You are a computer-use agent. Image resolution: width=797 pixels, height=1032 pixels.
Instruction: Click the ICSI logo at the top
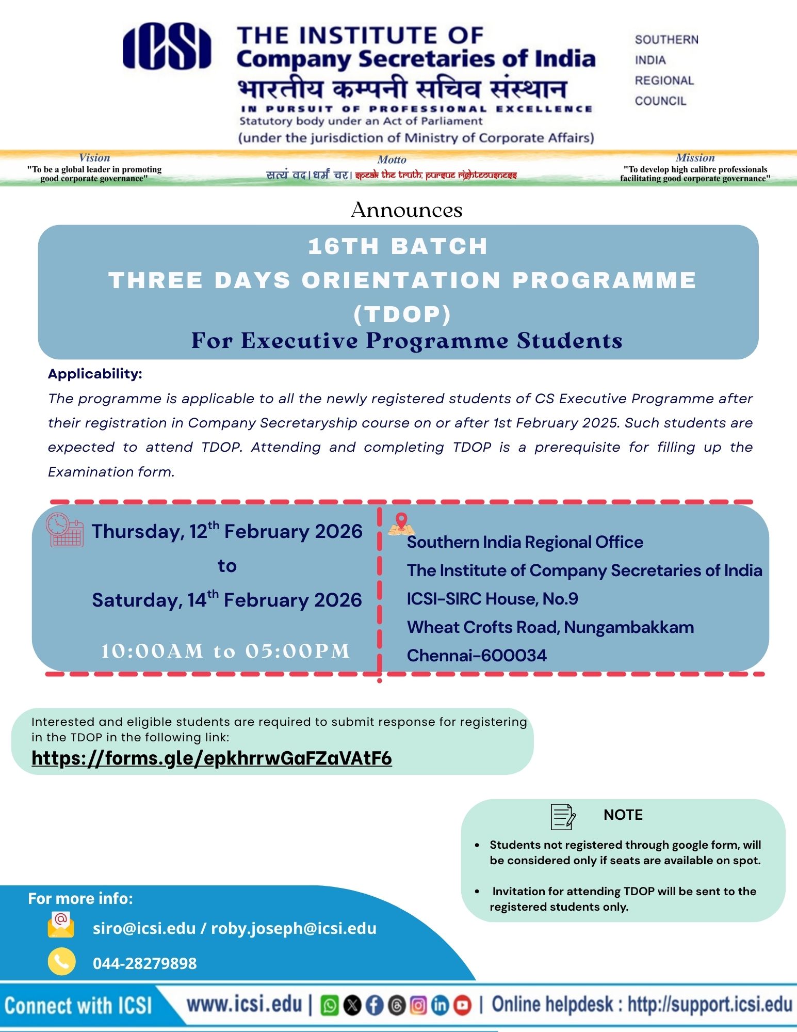click(167, 46)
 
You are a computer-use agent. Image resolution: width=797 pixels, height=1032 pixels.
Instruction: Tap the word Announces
click(406, 210)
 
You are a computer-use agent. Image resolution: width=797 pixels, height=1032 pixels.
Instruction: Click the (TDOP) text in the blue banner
click(402, 314)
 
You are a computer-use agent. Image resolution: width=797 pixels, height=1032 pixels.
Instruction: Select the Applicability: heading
click(95, 374)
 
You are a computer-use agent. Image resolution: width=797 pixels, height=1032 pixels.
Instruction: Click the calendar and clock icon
click(64, 530)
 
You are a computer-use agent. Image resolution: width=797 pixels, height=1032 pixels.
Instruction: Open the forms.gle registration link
click(212, 758)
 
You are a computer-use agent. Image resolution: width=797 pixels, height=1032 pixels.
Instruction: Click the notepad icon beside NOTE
click(563, 816)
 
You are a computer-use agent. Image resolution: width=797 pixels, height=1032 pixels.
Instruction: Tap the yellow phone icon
click(61, 962)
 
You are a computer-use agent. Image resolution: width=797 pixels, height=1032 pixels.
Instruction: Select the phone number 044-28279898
click(144, 963)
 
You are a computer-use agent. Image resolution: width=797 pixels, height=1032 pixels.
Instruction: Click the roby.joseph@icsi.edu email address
click(294, 928)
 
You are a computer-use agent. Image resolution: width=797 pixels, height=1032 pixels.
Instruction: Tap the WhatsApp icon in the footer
click(330, 1006)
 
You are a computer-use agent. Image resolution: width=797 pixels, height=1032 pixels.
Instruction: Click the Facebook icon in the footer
click(375, 1006)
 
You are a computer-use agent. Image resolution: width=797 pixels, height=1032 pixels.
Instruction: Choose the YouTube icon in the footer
click(463, 1006)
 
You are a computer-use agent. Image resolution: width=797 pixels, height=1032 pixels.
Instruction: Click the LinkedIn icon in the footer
click(440, 1006)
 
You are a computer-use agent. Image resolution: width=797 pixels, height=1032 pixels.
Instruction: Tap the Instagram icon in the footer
click(418, 1006)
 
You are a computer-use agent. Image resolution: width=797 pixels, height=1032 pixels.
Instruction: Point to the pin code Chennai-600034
click(477, 655)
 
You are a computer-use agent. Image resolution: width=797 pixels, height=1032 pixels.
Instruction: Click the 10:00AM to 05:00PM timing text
click(225, 651)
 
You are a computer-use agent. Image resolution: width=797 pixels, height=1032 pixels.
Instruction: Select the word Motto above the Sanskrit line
click(392, 160)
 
